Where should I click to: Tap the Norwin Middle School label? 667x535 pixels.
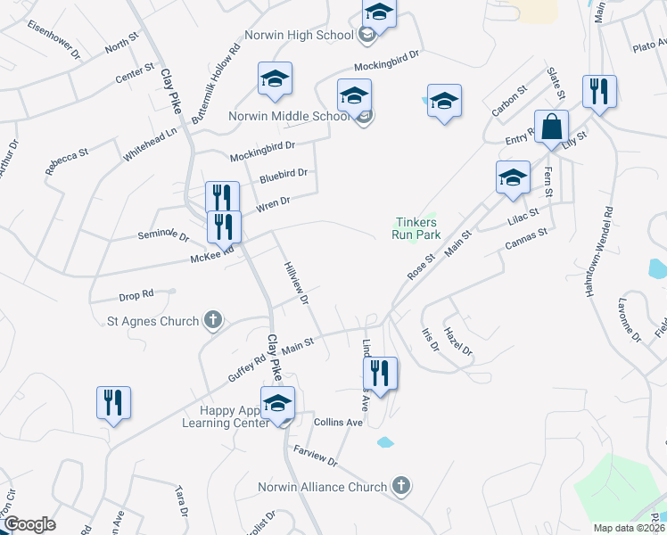click(x=289, y=116)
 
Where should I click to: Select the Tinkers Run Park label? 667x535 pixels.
click(x=416, y=228)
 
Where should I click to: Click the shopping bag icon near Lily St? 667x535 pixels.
click(x=552, y=130)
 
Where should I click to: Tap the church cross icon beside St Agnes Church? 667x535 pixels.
click(x=212, y=318)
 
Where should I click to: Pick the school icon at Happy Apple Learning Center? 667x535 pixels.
click(x=277, y=404)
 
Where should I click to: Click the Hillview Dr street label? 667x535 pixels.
click(x=295, y=284)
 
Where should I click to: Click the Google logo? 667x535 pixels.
click(x=29, y=524)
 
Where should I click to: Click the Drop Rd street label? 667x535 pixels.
click(x=136, y=293)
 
